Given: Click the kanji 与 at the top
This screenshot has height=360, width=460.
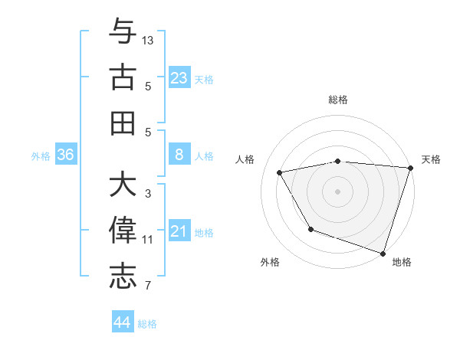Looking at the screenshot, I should tap(123, 31).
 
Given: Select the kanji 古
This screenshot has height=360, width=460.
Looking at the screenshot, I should tap(123, 77).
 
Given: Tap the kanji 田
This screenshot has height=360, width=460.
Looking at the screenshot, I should tap(123, 123).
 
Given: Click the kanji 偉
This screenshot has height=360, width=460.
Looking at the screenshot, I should tap(123, 231).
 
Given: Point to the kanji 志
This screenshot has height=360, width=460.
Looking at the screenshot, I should tap(123, 277).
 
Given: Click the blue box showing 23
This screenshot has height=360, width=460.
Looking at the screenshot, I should tap(179, 78).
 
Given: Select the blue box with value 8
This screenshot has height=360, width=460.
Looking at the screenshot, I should tap(179, 155).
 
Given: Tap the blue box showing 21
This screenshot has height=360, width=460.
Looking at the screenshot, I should tap(179, 231).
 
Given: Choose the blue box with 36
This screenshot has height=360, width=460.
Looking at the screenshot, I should tap(66, 155).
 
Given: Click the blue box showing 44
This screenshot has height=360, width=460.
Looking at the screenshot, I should tap(122, 322).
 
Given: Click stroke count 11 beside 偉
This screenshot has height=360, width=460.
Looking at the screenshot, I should tap(148, 240).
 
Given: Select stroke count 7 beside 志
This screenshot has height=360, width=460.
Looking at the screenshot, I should tap(147, 286).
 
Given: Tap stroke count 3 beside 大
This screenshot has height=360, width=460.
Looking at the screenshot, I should tap(147, 194).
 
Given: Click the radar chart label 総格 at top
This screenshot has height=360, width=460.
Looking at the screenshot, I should tap(338, 100).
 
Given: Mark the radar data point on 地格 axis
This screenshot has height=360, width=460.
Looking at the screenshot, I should tap(383, 252).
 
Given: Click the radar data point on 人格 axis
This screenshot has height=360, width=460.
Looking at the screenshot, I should tap(280, 172).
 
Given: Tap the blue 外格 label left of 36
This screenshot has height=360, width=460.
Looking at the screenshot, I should tap(41, 155).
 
